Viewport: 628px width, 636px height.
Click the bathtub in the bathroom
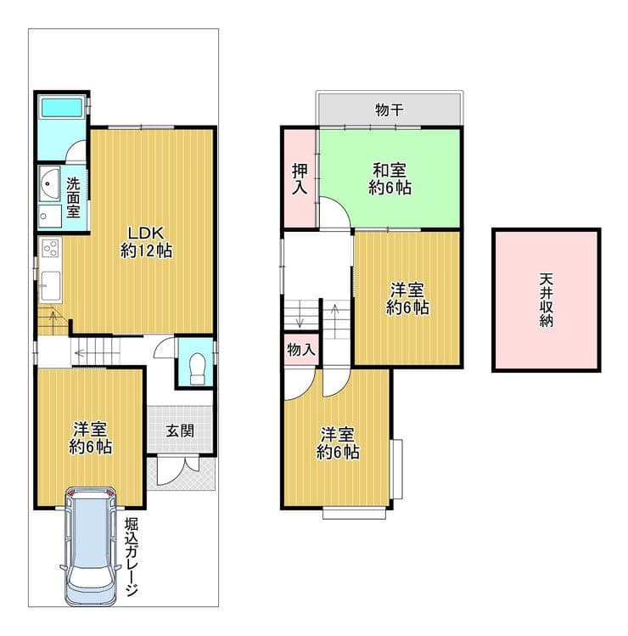tap(62, 108)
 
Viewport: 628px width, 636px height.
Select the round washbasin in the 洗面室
tap(49, 183)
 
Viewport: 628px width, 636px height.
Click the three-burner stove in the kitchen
tap(51, 248)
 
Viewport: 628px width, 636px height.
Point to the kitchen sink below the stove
tap(51, 285)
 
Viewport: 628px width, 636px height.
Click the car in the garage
tap(91, 546)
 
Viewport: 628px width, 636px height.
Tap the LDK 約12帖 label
tap(146, 242)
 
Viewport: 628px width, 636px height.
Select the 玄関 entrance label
tap(180, 431)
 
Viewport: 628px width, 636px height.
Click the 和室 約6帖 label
tap(390, 178)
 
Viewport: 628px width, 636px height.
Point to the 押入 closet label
tap(300, 179)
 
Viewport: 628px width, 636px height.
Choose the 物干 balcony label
tap(390, 110)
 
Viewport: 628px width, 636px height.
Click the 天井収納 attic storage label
tap(546, 300)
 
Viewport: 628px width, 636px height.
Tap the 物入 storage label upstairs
tap(300, 349)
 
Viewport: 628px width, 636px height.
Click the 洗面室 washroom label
tap(73, 198)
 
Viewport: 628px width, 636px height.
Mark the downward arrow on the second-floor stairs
tap(300, 314)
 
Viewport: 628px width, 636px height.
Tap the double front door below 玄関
tap(178, 470)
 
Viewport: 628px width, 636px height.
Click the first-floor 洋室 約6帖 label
tap(91, 438)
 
